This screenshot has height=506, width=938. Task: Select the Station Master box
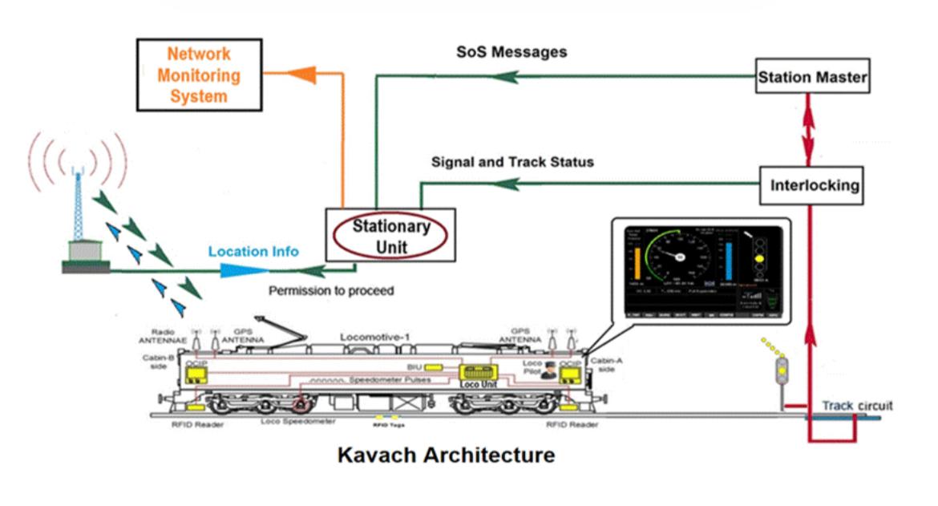(x=812, y=79)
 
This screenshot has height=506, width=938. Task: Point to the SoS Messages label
(x=511, y=52)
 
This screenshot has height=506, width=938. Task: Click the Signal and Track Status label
(x=512, y=162)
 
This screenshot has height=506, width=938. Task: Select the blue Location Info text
(x=253, y=251)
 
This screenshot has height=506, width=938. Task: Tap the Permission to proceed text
(x=331, y=290)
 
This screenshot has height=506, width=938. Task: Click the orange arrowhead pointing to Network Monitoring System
(x=301, y=75)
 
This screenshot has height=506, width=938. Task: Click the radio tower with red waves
(x=80, y=213)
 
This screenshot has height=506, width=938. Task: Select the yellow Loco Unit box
(x=478, y=375)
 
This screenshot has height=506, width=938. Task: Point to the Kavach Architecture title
(x=446, y=455)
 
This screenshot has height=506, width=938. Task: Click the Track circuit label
(x=856, y=406)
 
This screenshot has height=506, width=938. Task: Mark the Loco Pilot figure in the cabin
(x=549, y=369)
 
